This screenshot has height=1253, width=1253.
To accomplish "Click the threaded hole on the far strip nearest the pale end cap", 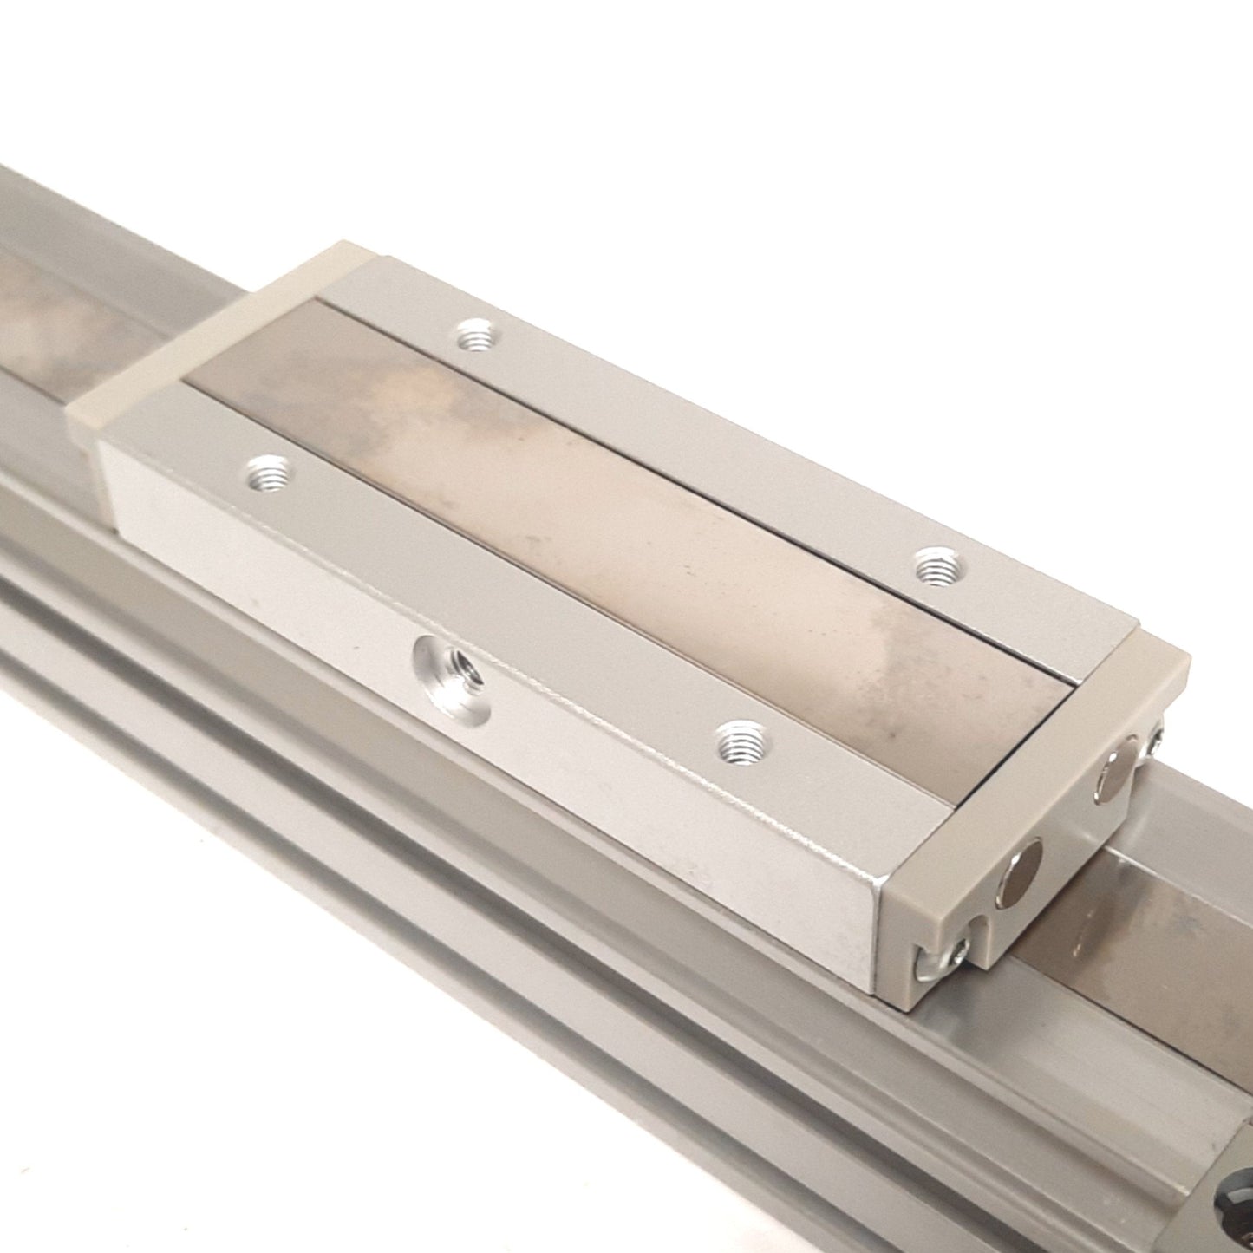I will (x=473, y=335).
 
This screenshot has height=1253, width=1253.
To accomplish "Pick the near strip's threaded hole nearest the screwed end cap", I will (x=740, y=740).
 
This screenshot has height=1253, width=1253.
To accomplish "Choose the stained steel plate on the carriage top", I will (x=607, y=520).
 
